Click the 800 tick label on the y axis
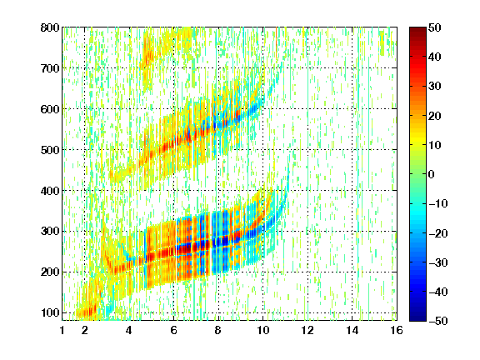(50, 27)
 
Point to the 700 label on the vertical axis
(50, 68)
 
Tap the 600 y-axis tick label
(50, 109)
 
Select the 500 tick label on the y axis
(50, 150)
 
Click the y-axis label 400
(50, 191)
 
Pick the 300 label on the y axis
(50, 231)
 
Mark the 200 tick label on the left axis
(50, 272)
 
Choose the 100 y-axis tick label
(50, 312)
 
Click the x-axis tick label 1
(62, 330)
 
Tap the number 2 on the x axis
(85, 330)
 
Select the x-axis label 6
(174, 330)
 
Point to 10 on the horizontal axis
(263, 330)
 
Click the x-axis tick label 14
(352, 330)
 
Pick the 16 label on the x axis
(397, 330)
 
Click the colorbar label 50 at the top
(435, 27)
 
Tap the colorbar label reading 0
(432, 174)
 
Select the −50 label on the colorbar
(438, 321)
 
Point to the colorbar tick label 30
(435, 87)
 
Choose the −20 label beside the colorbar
(438, 233)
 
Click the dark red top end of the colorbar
(417, 29)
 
